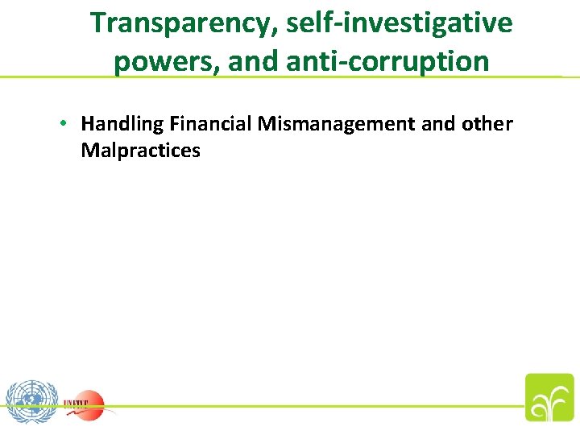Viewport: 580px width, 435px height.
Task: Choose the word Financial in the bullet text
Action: tap(211, 124)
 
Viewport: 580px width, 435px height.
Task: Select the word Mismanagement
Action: tap(338, 124)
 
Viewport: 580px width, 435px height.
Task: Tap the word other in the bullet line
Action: tap(487, 124)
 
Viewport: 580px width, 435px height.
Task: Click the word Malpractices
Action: tap(140, 150)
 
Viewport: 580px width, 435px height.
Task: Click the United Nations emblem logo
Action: tap(31, 400)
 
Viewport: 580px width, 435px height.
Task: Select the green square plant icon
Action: tap(549, 397)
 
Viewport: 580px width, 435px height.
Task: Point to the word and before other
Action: tap(439, 124)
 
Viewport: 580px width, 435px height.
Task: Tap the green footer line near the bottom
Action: tap(322, 406)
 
